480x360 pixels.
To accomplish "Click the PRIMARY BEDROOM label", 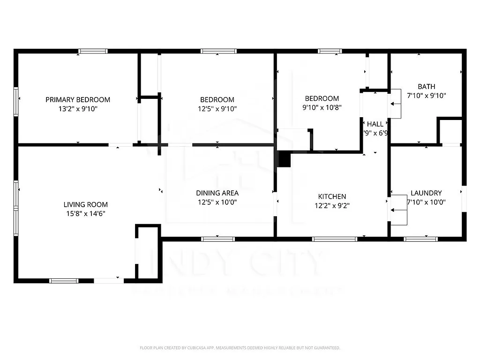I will pos(78,99).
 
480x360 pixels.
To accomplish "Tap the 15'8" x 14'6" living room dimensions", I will pos(85,213).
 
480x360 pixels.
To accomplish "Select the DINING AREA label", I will pos(217,193).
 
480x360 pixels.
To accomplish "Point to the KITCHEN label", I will pos(332,196).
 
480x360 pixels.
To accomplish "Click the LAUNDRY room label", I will pos(426,193).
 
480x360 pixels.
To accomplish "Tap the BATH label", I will pos(426,86).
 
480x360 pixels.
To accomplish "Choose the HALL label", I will pos(375,124).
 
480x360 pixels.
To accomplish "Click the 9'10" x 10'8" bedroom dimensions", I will pos(322,107).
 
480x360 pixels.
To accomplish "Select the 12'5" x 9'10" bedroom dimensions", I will pos(217,108).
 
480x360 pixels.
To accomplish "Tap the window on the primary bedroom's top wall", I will pos(93,51).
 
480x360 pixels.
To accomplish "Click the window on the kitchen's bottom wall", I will pos(335,239).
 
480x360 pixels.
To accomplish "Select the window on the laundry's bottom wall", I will pos(420,239).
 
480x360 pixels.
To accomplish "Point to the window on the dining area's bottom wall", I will pos(218,239).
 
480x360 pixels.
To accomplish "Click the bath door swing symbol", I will pos(395,104).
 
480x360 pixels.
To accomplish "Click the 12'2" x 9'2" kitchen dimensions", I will pos(332,205).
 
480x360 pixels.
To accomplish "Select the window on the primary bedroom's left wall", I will pos(16,101).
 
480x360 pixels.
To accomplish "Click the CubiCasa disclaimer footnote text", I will pos(240,348).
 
